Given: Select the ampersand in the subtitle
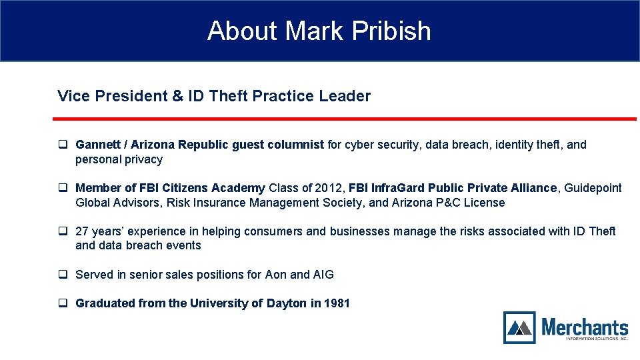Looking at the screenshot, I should click(x=177, y=96).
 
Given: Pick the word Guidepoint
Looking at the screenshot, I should click(x=593, y=188).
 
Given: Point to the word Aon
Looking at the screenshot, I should click(x=276, y=275).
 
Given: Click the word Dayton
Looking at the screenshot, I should click(x=287, y=304).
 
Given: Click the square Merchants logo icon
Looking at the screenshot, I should click(x=519, y=327).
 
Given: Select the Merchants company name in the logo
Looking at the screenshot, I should click(x=585, y=327).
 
